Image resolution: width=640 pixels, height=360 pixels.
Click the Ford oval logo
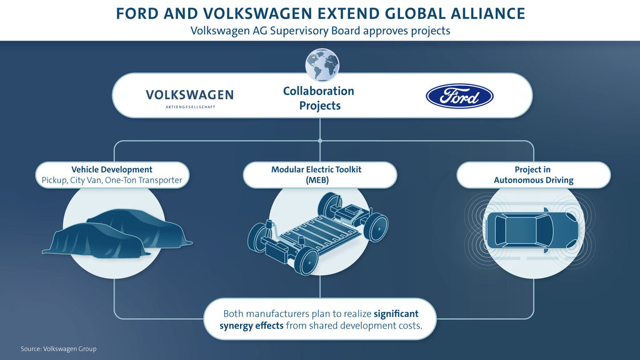coord(459,96)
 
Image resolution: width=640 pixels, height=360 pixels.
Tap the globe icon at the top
coord(322,65)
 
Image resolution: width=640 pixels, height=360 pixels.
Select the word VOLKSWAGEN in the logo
coord(190,95)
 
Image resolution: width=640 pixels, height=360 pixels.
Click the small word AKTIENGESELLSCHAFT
coord(190,107)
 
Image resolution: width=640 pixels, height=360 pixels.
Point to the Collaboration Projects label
coord(319,98)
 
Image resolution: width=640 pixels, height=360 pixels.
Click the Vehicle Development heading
coord(112,169)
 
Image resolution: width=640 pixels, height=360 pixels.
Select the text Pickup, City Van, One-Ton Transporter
coord(112,180)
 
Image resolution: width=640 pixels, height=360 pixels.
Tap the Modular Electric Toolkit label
coord(316,169)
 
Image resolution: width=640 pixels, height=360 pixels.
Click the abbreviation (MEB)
coord(317,180)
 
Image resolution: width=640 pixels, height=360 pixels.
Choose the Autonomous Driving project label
coord(533,175)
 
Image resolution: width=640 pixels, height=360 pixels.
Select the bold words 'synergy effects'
coord(251,326)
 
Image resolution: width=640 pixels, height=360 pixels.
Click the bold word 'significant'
coord(396,314)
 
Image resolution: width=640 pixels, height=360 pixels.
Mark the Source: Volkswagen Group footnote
coord(59,349)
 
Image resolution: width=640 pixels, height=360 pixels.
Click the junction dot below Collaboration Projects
coord(320,141)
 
